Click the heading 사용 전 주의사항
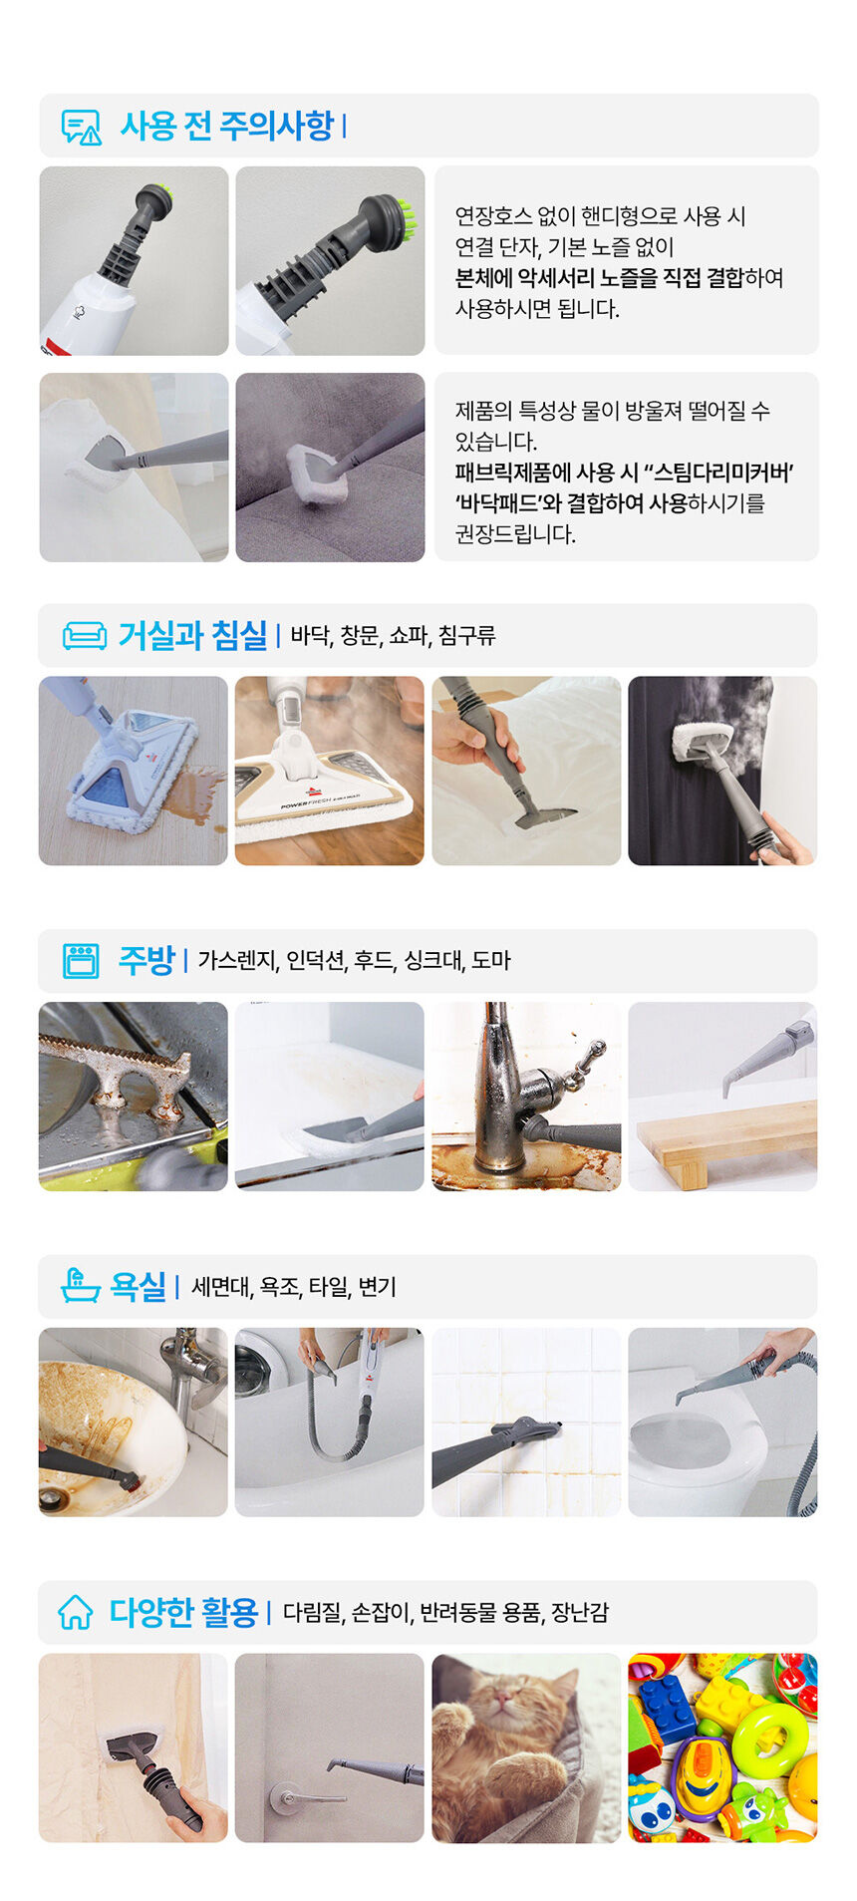pyautogui.click(x=227, y=127)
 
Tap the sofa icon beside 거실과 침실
pyautogui.click(x=85, y=636)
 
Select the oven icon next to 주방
pyautogui.click(x=81, y=961)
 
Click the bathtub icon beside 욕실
pyautogui.click(x=81, y=1286)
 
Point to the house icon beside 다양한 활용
pyautogui.click(x=76, y=1612)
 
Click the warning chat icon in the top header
pyautogui.click(x=82, y=128)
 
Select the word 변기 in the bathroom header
pyautogui.click(x=378, y=1287)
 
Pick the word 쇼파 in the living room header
pyautogui.click(x=409, y=636)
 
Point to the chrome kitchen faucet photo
pyautogui.click(x=526, y=1097)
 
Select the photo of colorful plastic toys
pyautogui.click(x=722, y=1747)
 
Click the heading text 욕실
pyautogui.click(x=138, y=1286)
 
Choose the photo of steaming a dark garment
pyautogui.click(x=722, y=771)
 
